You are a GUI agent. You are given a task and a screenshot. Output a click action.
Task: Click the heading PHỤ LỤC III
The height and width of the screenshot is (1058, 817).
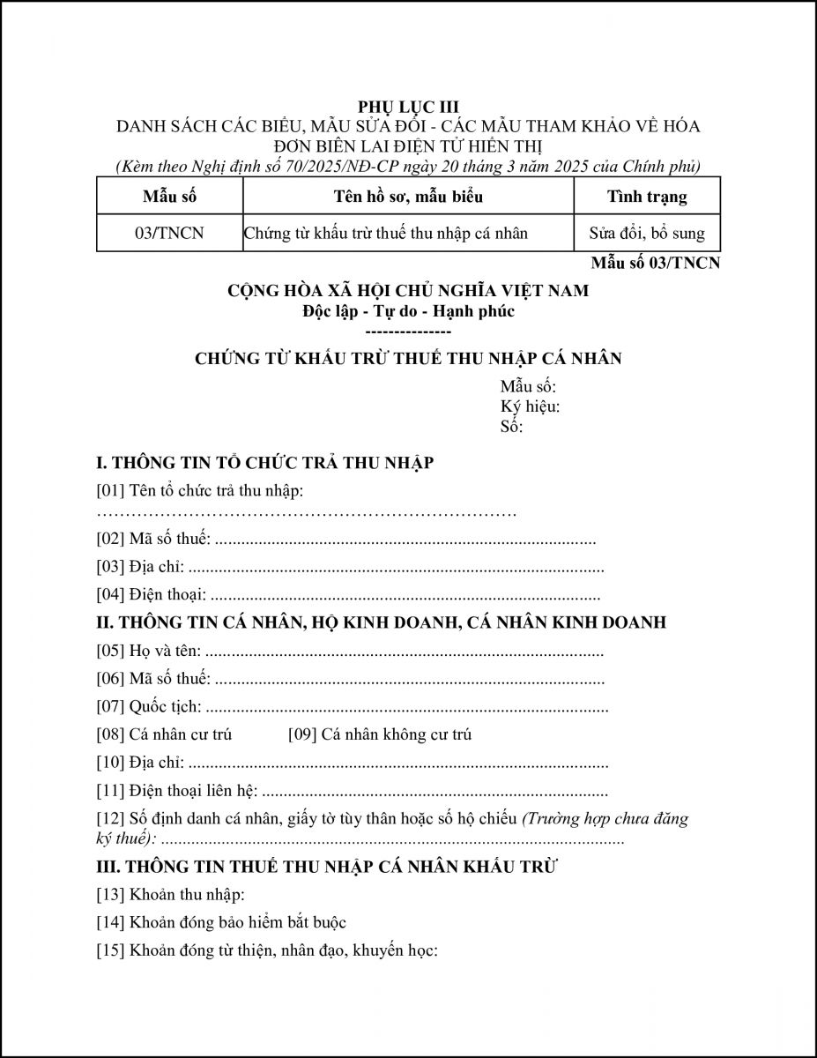pyautogui.click(x=408, y=108)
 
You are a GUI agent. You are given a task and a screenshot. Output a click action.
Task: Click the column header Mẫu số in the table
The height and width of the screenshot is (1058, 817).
pyautogui.click(x=169, y=196)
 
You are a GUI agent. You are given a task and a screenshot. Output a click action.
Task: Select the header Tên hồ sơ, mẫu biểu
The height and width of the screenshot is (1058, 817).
pyautogui.click(x=408, y=196)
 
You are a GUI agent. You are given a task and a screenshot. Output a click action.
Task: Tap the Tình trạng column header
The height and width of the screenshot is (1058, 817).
pyautogui.click(x=647, y=196)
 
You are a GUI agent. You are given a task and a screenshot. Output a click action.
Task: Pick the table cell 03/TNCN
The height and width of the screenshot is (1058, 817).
pyautogui.click(x=169, y=234)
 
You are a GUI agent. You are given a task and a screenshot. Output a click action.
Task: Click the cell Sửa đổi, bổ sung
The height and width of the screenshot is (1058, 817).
pyautogui.click(x=647, y=234)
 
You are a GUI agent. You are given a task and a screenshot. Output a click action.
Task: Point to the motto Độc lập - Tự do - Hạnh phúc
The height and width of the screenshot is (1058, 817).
pyautogui.click(x=408, y=310)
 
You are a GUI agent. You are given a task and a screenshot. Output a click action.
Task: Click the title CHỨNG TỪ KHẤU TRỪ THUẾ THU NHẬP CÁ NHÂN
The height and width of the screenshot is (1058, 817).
pyautogui.click(x=408, y=358)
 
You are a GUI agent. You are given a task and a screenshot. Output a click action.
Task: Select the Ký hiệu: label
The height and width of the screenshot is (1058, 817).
pyautogui.click(x=530, y=406)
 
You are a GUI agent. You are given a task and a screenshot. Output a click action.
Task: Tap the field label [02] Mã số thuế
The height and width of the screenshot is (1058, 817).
pyautogui.click(x=153, y=540)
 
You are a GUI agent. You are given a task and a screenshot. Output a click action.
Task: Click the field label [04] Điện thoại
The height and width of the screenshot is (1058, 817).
pyautogui.click(x=152, y=595)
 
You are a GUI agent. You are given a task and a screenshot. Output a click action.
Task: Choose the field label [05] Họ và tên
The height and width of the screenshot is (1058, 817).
pyautogui.click(x=149, y=652)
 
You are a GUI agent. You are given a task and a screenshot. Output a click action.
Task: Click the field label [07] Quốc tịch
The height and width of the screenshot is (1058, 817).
pyautogui.click(x=149, y=706)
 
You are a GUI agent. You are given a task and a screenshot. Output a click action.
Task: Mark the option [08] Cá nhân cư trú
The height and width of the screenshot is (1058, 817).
pyautogui.click(x=164, y=734)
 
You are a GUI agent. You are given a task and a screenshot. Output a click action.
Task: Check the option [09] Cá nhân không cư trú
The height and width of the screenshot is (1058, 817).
pyautogui.click(x=380, y=734)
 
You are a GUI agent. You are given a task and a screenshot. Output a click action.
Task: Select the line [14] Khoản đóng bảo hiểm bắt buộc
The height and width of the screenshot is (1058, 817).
pyautogui.click(x=221, y=923)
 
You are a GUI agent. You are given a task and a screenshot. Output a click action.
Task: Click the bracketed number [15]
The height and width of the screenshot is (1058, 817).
pyautogui.click(x=110, y=951)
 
